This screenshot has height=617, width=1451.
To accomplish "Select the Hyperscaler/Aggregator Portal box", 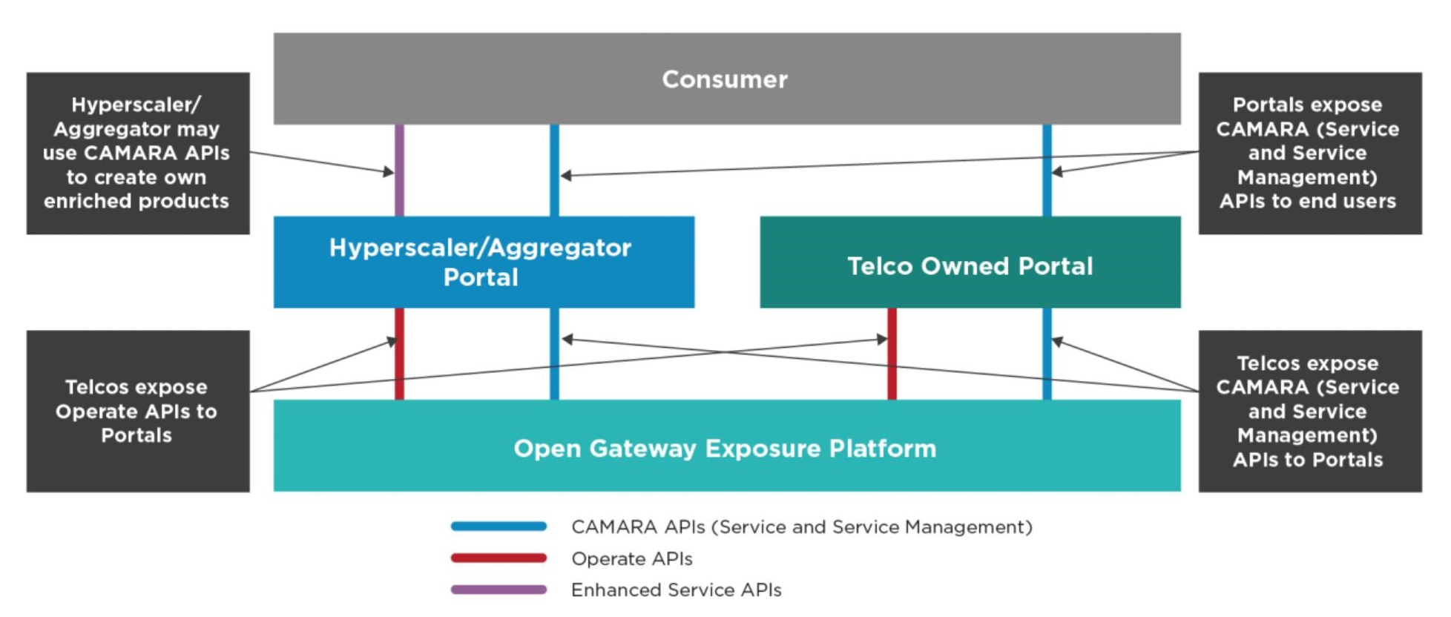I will pos(483,263).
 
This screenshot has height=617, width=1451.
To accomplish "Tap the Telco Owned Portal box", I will pos(970,263).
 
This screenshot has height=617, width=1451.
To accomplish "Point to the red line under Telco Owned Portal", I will pos(892,371).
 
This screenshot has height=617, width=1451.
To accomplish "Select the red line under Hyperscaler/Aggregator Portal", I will pos(399,371).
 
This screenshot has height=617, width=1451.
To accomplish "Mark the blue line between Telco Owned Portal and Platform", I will pos(1047,371).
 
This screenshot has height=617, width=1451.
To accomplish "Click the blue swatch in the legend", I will pos(499,527).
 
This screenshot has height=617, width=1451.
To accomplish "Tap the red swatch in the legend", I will pos(499,558).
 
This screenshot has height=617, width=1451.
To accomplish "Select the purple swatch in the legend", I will pos(499,590).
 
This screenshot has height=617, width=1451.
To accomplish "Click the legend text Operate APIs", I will pos(631,559).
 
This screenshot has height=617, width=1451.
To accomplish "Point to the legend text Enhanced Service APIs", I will pos(676,590).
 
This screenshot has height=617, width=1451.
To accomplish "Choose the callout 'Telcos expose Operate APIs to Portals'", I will pos(138,412).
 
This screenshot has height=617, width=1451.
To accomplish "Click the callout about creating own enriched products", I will pos(138,154).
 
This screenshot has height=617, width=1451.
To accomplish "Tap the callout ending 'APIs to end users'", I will pos(1309,154).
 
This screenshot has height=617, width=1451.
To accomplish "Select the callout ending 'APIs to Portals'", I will pos(1309,412).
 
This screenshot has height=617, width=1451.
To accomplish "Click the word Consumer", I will pos(725,79).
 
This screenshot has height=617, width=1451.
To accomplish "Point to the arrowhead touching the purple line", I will pos(389,172).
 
